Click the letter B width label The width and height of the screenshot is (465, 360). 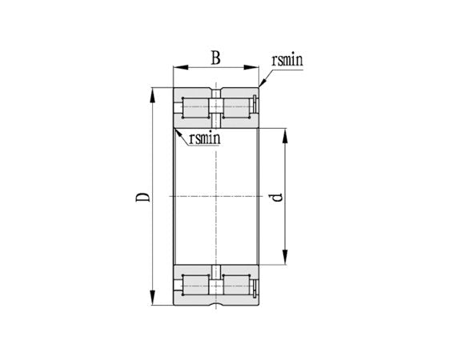pos(215,58)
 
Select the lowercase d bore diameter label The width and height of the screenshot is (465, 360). pos(276,196)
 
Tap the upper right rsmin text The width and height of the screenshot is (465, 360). pos(287,59)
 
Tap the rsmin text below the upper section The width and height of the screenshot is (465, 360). pos(205,138)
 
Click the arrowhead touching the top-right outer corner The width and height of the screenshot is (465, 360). pos(262,84)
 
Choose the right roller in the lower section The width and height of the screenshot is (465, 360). pos(236,284)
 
